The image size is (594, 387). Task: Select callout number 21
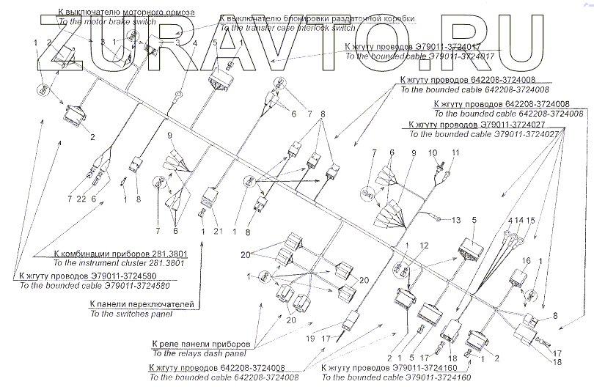pos(218,232)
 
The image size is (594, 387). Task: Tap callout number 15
pos(530,221)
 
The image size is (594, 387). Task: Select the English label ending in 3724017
pos(419,56)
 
